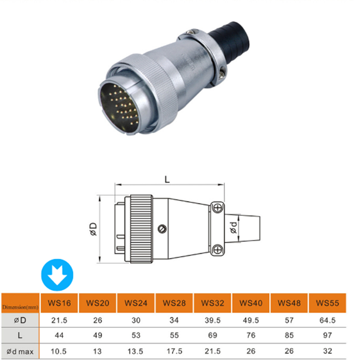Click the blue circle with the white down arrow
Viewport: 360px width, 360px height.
pyautogui.click(x=58, y=275)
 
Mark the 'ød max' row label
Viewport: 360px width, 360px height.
pyautogui.click(x=20, y=351)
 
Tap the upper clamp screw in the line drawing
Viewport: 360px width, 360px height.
pyautogui.click(x=217, y=207)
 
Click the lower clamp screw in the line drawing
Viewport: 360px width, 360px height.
pyautogui.click(x=217, y=250)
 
